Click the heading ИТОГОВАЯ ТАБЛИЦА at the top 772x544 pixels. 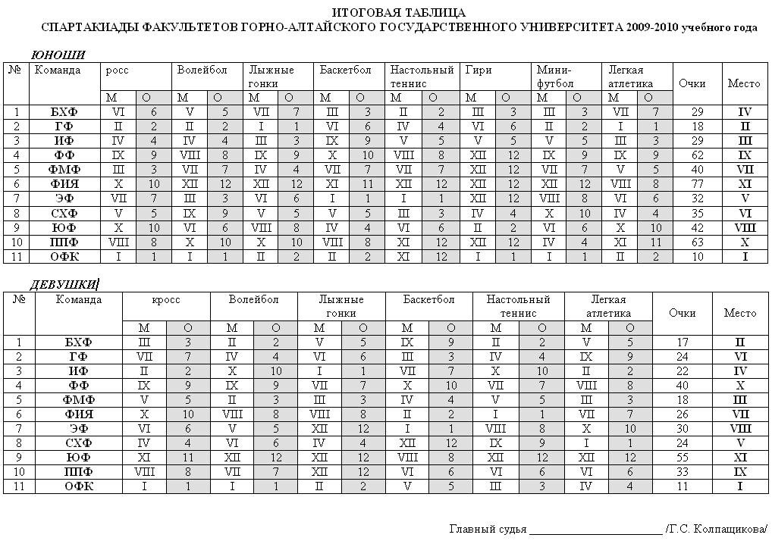(x=399, y=13)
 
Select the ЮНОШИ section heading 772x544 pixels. (x=58, y=55)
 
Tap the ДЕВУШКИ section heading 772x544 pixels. (x=64, y=285)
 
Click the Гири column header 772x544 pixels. (x=479, y=70)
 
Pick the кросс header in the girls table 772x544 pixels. (x=166, y=299)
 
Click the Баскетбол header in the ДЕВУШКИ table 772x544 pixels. (x=428, y=299)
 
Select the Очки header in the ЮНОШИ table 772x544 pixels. (x=692, y=83)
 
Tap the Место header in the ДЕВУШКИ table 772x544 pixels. (x=740, y=312)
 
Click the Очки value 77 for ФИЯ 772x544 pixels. (x=698, y=184)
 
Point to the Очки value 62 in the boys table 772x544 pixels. (x=698, y=155)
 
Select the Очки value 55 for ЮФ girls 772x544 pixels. (x=682, y=458)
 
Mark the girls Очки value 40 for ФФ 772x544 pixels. (x=682, y=386)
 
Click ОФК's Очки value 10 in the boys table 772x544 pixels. (x=698, y=257)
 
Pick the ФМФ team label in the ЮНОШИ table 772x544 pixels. (x=64, y=170)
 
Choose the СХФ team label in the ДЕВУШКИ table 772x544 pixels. (x=79, y=443)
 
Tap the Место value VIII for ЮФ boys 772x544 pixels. (x=744, y=227)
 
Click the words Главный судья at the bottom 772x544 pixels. (x=488, y=529)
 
